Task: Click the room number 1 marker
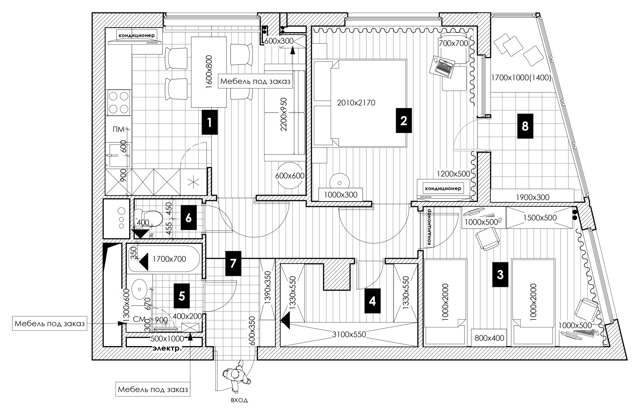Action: click(210, 122)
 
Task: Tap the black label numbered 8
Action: click(525, 126)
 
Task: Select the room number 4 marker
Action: click(372, 301)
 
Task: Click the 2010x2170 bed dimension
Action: click(356, 103)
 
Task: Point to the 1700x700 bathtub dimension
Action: click(169, 259)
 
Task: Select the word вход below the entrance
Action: click(239, 400)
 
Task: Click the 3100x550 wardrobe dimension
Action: click(349, 334)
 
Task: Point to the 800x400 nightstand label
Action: click(490, 338)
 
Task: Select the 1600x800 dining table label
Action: click(209, 72)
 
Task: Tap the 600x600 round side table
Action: click(290, 175)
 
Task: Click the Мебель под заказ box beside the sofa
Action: click(256, 82)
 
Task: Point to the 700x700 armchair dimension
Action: click(454, 44)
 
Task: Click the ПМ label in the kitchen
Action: click(118, 129)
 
